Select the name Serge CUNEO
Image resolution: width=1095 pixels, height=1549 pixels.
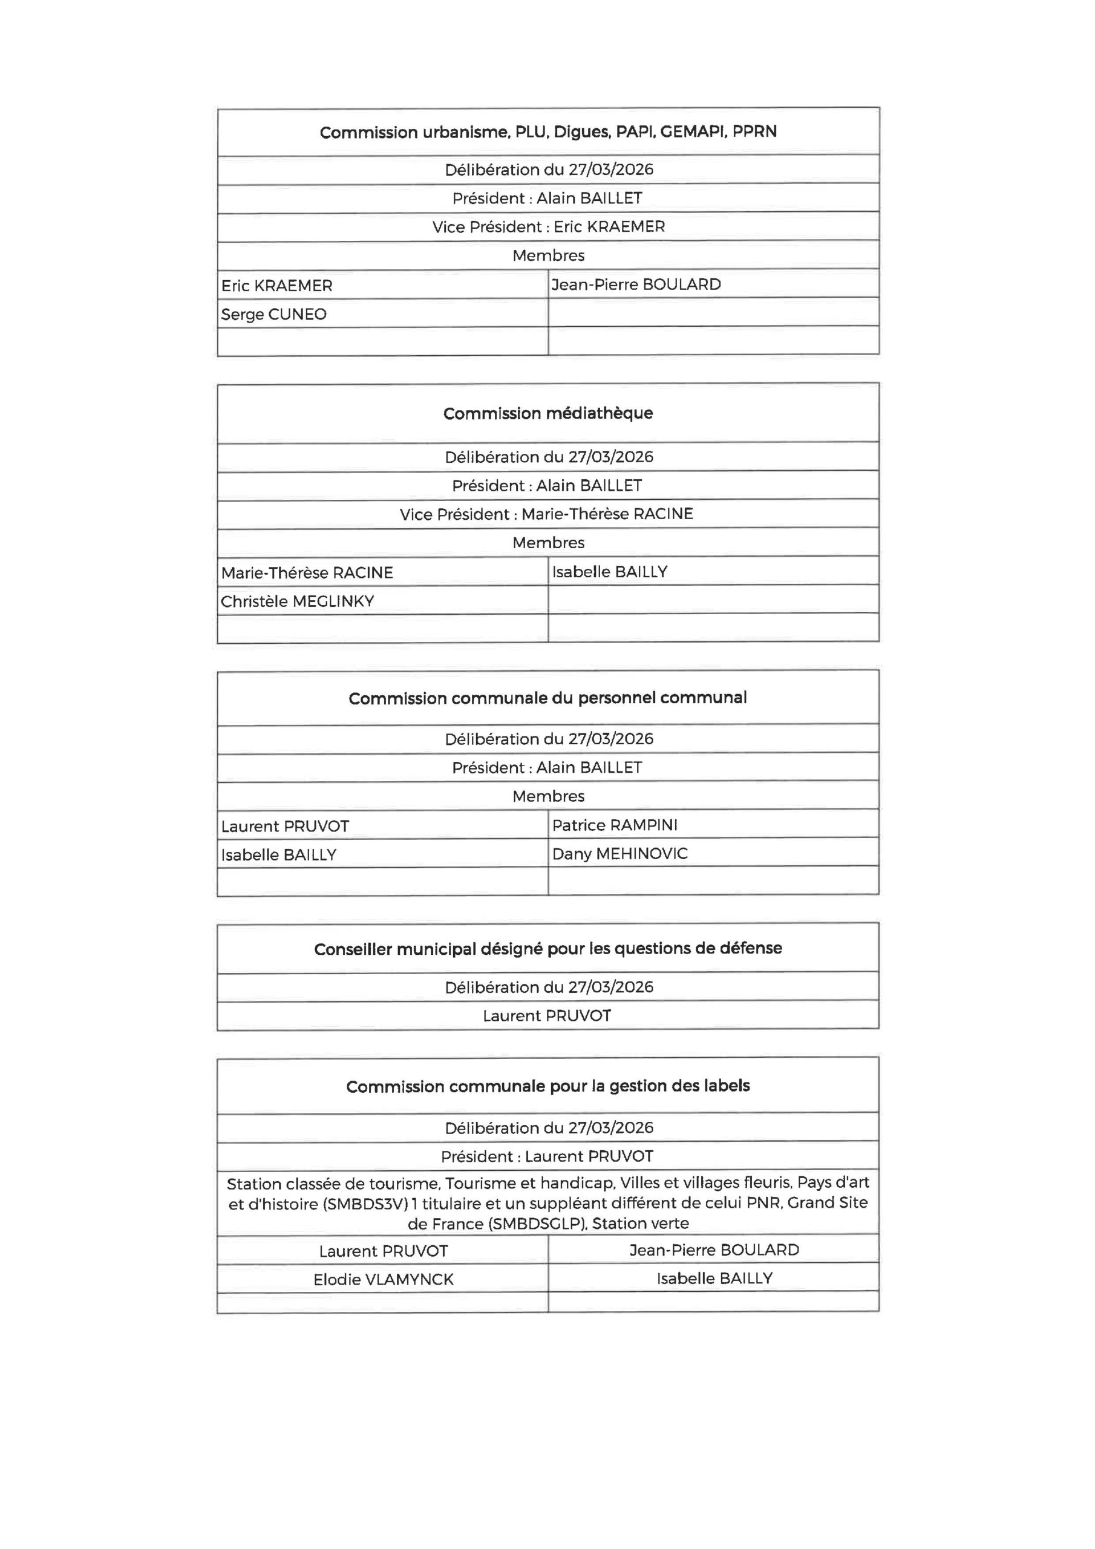273,315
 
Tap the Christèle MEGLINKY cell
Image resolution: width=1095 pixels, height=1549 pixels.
297,601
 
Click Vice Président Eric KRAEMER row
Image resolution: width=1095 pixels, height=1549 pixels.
548,227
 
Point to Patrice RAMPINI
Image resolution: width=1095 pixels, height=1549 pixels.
614,825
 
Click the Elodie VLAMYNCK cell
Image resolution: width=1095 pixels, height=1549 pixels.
382,1279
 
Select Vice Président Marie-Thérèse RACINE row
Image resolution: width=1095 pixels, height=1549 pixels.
546,514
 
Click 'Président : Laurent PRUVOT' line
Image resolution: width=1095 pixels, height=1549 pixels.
546,1156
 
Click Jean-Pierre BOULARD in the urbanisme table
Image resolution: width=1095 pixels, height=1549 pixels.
636,285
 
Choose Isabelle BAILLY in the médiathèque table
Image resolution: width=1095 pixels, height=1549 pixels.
609,572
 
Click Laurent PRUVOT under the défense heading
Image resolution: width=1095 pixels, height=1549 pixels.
546,1015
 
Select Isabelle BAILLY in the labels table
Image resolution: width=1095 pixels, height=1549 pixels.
714,1279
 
